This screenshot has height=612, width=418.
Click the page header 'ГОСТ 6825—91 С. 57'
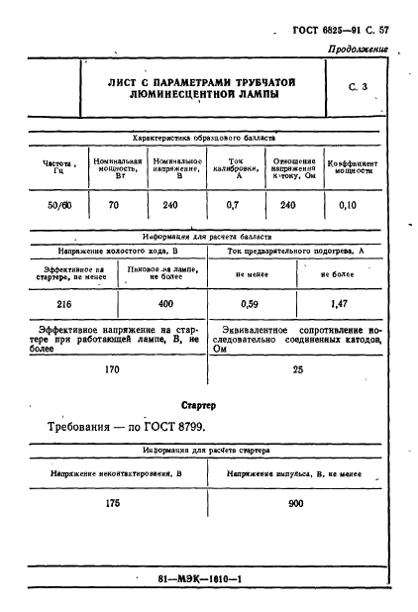pos(340,31)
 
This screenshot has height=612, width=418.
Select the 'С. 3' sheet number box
pos(359,88)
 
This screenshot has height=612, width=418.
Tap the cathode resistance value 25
pos(297,368)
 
